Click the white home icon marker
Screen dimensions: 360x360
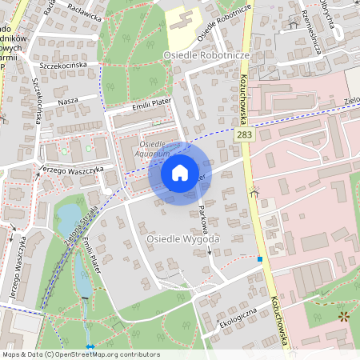click(x=180, y=172)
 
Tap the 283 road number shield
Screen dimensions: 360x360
click(x=246, y=138)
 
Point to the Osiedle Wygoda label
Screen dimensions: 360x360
click(x=183, y=239)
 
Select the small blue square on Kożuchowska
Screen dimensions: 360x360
click(x=259, y=259)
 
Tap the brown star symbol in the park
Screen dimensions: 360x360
click(x=344, y=317)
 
